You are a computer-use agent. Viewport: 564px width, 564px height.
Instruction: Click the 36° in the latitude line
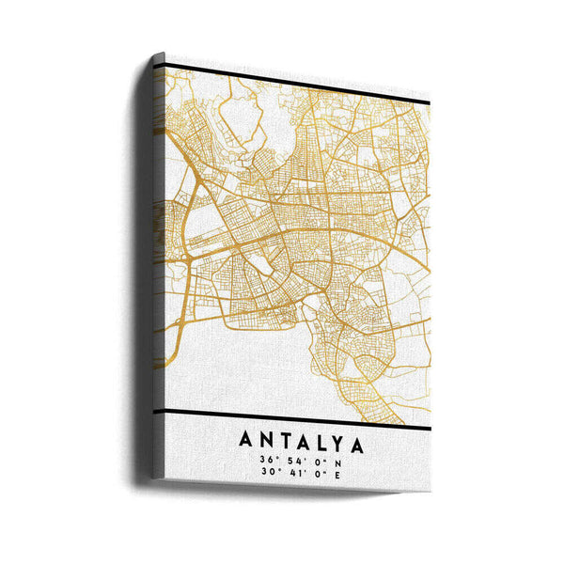point(271,460)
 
